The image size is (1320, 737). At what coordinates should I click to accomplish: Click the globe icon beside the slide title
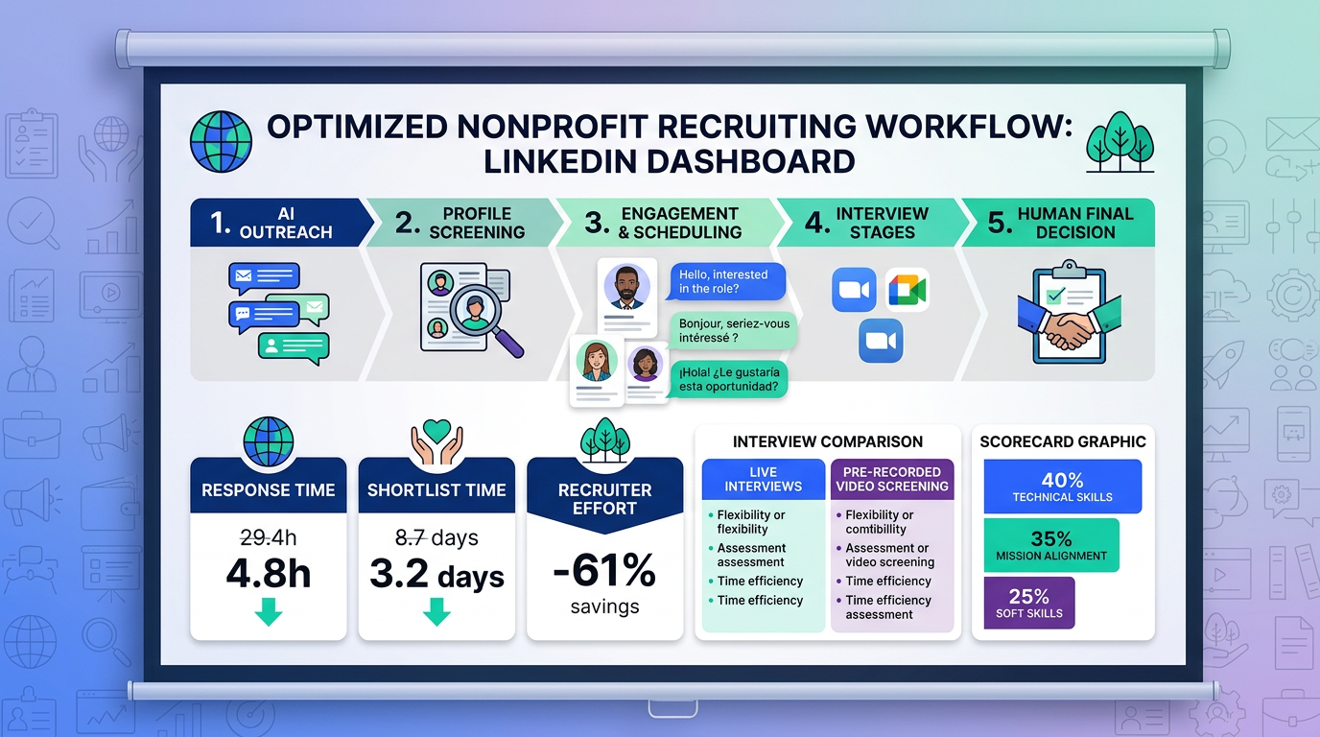click(221, 141)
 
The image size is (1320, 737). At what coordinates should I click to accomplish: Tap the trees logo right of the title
click(1120, 142)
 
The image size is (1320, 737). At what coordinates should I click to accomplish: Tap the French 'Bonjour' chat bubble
click(733, 331)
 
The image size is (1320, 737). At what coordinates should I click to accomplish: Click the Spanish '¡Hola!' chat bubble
click(729, 378)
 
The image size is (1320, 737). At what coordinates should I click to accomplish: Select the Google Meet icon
click(907, 290)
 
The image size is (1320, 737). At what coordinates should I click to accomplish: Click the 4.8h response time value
click(269, 573)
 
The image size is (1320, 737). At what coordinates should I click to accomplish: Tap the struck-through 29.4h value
click(269, 537)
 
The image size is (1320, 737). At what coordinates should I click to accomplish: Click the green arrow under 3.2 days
click(436, 611)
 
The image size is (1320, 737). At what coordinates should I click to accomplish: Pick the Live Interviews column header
click(764, 479)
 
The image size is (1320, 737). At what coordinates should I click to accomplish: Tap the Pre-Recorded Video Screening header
click(892, 479)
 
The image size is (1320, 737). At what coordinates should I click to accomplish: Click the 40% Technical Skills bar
click(1062, 487)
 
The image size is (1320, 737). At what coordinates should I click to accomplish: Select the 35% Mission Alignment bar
click(1051, 545)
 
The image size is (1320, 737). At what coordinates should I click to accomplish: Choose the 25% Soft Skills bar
click(1029, 604)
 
